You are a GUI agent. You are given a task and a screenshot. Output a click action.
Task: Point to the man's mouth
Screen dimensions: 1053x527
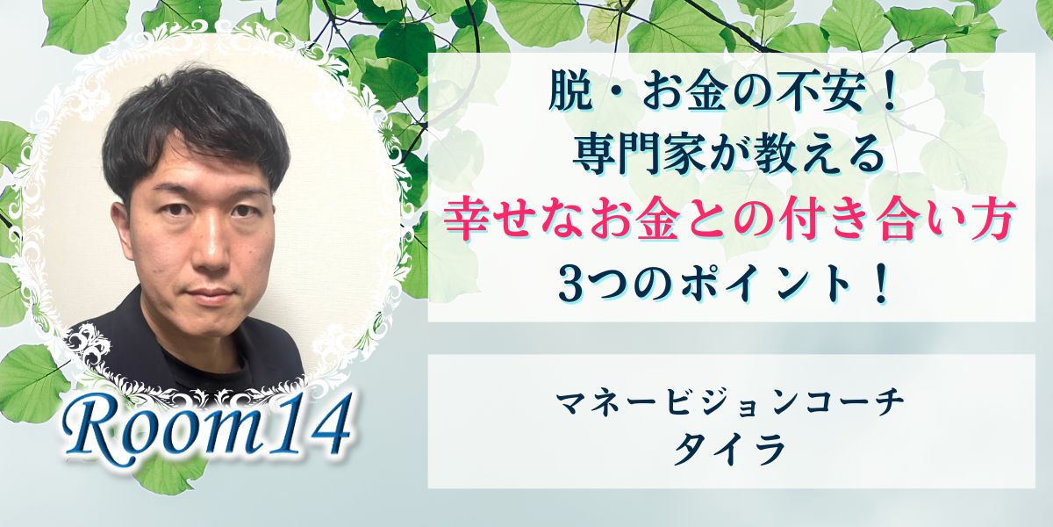(211, 294)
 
